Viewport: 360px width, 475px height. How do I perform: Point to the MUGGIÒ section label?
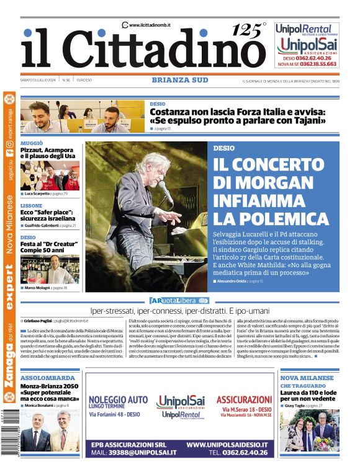[32, 143]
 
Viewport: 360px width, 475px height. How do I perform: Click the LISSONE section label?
[32, 205]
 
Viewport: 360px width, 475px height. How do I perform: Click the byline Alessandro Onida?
[232, 281]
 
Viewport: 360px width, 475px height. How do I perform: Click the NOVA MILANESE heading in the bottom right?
[307, 378]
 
